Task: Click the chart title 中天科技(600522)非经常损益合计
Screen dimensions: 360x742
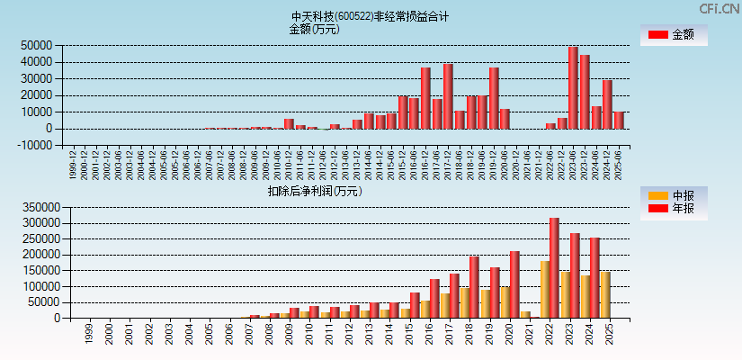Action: point(370,16)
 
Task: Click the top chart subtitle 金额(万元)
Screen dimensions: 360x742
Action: point(314,29)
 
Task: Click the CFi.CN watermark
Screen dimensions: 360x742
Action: point(719,8)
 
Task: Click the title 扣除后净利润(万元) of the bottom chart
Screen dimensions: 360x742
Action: point(314,191)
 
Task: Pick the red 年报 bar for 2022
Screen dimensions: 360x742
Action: point(555,267)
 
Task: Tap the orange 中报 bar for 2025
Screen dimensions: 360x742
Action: point(605,294)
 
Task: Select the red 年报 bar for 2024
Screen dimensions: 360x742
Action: point(594,277)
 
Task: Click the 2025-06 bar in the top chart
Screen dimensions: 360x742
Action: point(619,120)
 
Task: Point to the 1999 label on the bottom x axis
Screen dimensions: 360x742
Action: point(88,334)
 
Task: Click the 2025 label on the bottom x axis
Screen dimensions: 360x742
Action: point(610,334)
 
